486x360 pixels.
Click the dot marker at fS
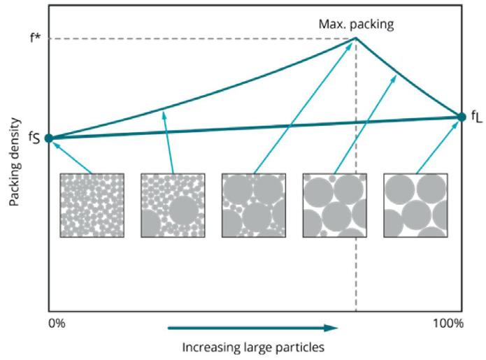pos(48,138)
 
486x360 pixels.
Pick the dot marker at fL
pos(461,117)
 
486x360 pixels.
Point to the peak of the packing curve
pos(356,38)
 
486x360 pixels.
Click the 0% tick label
pos(58,323)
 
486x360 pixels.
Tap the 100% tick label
pos(448,323)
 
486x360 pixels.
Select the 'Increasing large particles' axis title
pos(253,345)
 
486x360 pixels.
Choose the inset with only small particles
pos(92,205)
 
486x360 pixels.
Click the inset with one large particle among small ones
pos(173,205)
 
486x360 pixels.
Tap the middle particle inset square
pos(253,205)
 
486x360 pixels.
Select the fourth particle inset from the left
pos(334,205)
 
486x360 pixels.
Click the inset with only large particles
pos(415,205)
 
